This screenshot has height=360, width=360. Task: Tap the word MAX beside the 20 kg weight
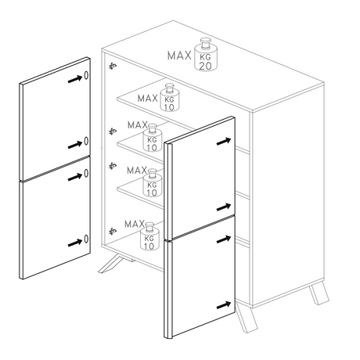[x=179, y=56]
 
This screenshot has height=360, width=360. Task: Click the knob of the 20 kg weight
[x=206, y=43]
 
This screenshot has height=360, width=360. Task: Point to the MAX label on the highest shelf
[x=148, y=99]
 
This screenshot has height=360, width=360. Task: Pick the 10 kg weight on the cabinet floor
[x=149, y=236]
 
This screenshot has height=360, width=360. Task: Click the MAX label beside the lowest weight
[x=135, y=224]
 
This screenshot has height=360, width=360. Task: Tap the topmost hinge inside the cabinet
[x=113, y=67]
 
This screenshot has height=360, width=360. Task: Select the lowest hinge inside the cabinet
[x=113, y=231]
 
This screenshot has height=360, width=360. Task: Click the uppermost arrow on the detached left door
[x=75, y=79]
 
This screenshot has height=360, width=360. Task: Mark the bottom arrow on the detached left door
[x=75, y=243]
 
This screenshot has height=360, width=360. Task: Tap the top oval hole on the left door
[x=86, y=75]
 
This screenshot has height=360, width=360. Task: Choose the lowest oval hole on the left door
[x=86, y=239]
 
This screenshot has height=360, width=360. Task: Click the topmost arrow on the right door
[x=224, y=142]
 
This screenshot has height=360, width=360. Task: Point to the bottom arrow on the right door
[x=224, y=305]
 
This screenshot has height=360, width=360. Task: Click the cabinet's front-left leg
[x=110, y=264]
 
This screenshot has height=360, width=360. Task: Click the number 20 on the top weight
[x=205, y=66]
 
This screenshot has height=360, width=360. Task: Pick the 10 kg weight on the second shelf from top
[x=153, y=138]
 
